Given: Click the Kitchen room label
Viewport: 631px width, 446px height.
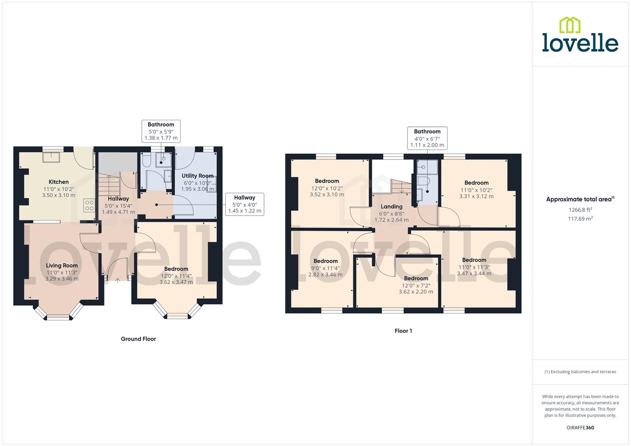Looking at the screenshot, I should coord(59,182).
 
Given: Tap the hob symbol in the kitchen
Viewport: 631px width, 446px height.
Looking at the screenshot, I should coord(89,205).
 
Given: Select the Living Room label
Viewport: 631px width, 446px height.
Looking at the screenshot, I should coord(62,266).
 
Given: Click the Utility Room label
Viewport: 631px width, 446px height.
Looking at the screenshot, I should coord(198,176).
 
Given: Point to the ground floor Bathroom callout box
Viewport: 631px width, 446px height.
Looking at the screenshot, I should coord(161,131).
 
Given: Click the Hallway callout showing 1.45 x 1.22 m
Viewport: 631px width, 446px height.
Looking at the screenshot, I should coord(245,204).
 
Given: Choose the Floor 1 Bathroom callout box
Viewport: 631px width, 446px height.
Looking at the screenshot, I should coord(427,138).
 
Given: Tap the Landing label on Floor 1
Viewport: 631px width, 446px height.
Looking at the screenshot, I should coord(391,206).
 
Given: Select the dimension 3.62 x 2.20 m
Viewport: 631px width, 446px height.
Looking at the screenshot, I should coord(416,292).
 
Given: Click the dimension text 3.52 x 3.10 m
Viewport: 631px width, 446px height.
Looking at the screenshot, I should coord(327,195).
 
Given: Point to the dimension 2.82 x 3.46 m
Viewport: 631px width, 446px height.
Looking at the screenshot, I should coord(325,274).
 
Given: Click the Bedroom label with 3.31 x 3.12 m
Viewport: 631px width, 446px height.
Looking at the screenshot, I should coord(476,183).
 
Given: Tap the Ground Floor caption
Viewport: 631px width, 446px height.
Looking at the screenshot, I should coord(138,339).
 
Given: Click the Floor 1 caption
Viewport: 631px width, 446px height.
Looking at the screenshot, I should coord(403,331).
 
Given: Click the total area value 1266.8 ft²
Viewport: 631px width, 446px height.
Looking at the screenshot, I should coord(580,209).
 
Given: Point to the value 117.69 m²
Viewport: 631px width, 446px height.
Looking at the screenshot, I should coord(580,219).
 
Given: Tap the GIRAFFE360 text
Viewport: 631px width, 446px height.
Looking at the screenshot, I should coord(580,428).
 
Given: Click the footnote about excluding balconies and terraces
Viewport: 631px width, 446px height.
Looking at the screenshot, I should coord(580,372).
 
